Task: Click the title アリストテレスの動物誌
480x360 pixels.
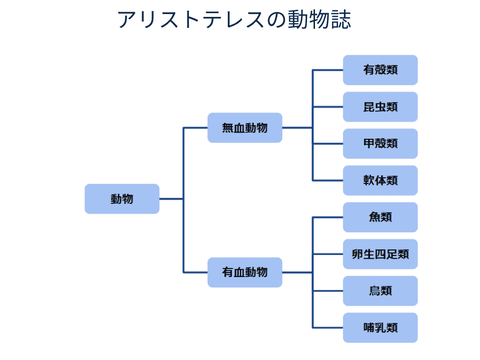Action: pyautogui.click(x=234, y=20)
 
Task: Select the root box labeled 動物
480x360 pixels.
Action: pyautogui.click(x=122, y=199)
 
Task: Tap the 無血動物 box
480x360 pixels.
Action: pyautogui.click(x=245, y=127)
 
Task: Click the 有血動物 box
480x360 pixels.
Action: pyautogui.click(x=245, y=272)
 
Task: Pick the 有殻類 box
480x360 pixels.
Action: pyautogui.click(x=380, y=70)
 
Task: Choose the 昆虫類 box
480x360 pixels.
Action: pyautogui.click(x=380, y=107)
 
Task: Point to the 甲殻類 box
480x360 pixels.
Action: pyautogui.click(x=380, y=143)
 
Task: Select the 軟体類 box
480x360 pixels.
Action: pyautogui.click(x=380, y=180)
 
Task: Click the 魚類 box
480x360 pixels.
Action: pyautogui.click(x=380, y=217)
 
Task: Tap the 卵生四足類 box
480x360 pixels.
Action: pyautogui.click(x=380, y=254)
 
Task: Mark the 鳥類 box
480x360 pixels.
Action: pyautogui.click(x=380, y=291)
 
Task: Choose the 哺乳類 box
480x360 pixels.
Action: pyautogui.click(x=380, y=328)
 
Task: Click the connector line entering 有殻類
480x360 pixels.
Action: pyautogui.click(x=328, y=70)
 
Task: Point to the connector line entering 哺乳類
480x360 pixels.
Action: pyautogui.click(x=328, y=328)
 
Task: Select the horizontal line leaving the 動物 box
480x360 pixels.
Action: pyautogui.click(x=171, y=199)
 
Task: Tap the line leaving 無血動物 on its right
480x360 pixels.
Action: pyautogui.click(x=297, y=127)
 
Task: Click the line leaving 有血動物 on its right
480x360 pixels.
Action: pyautogui.click(x=297, y=272)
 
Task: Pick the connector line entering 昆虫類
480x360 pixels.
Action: pyautogui.click(x=328, y=107)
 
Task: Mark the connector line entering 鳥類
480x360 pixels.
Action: pyautogui.click(x=328, y=291)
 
